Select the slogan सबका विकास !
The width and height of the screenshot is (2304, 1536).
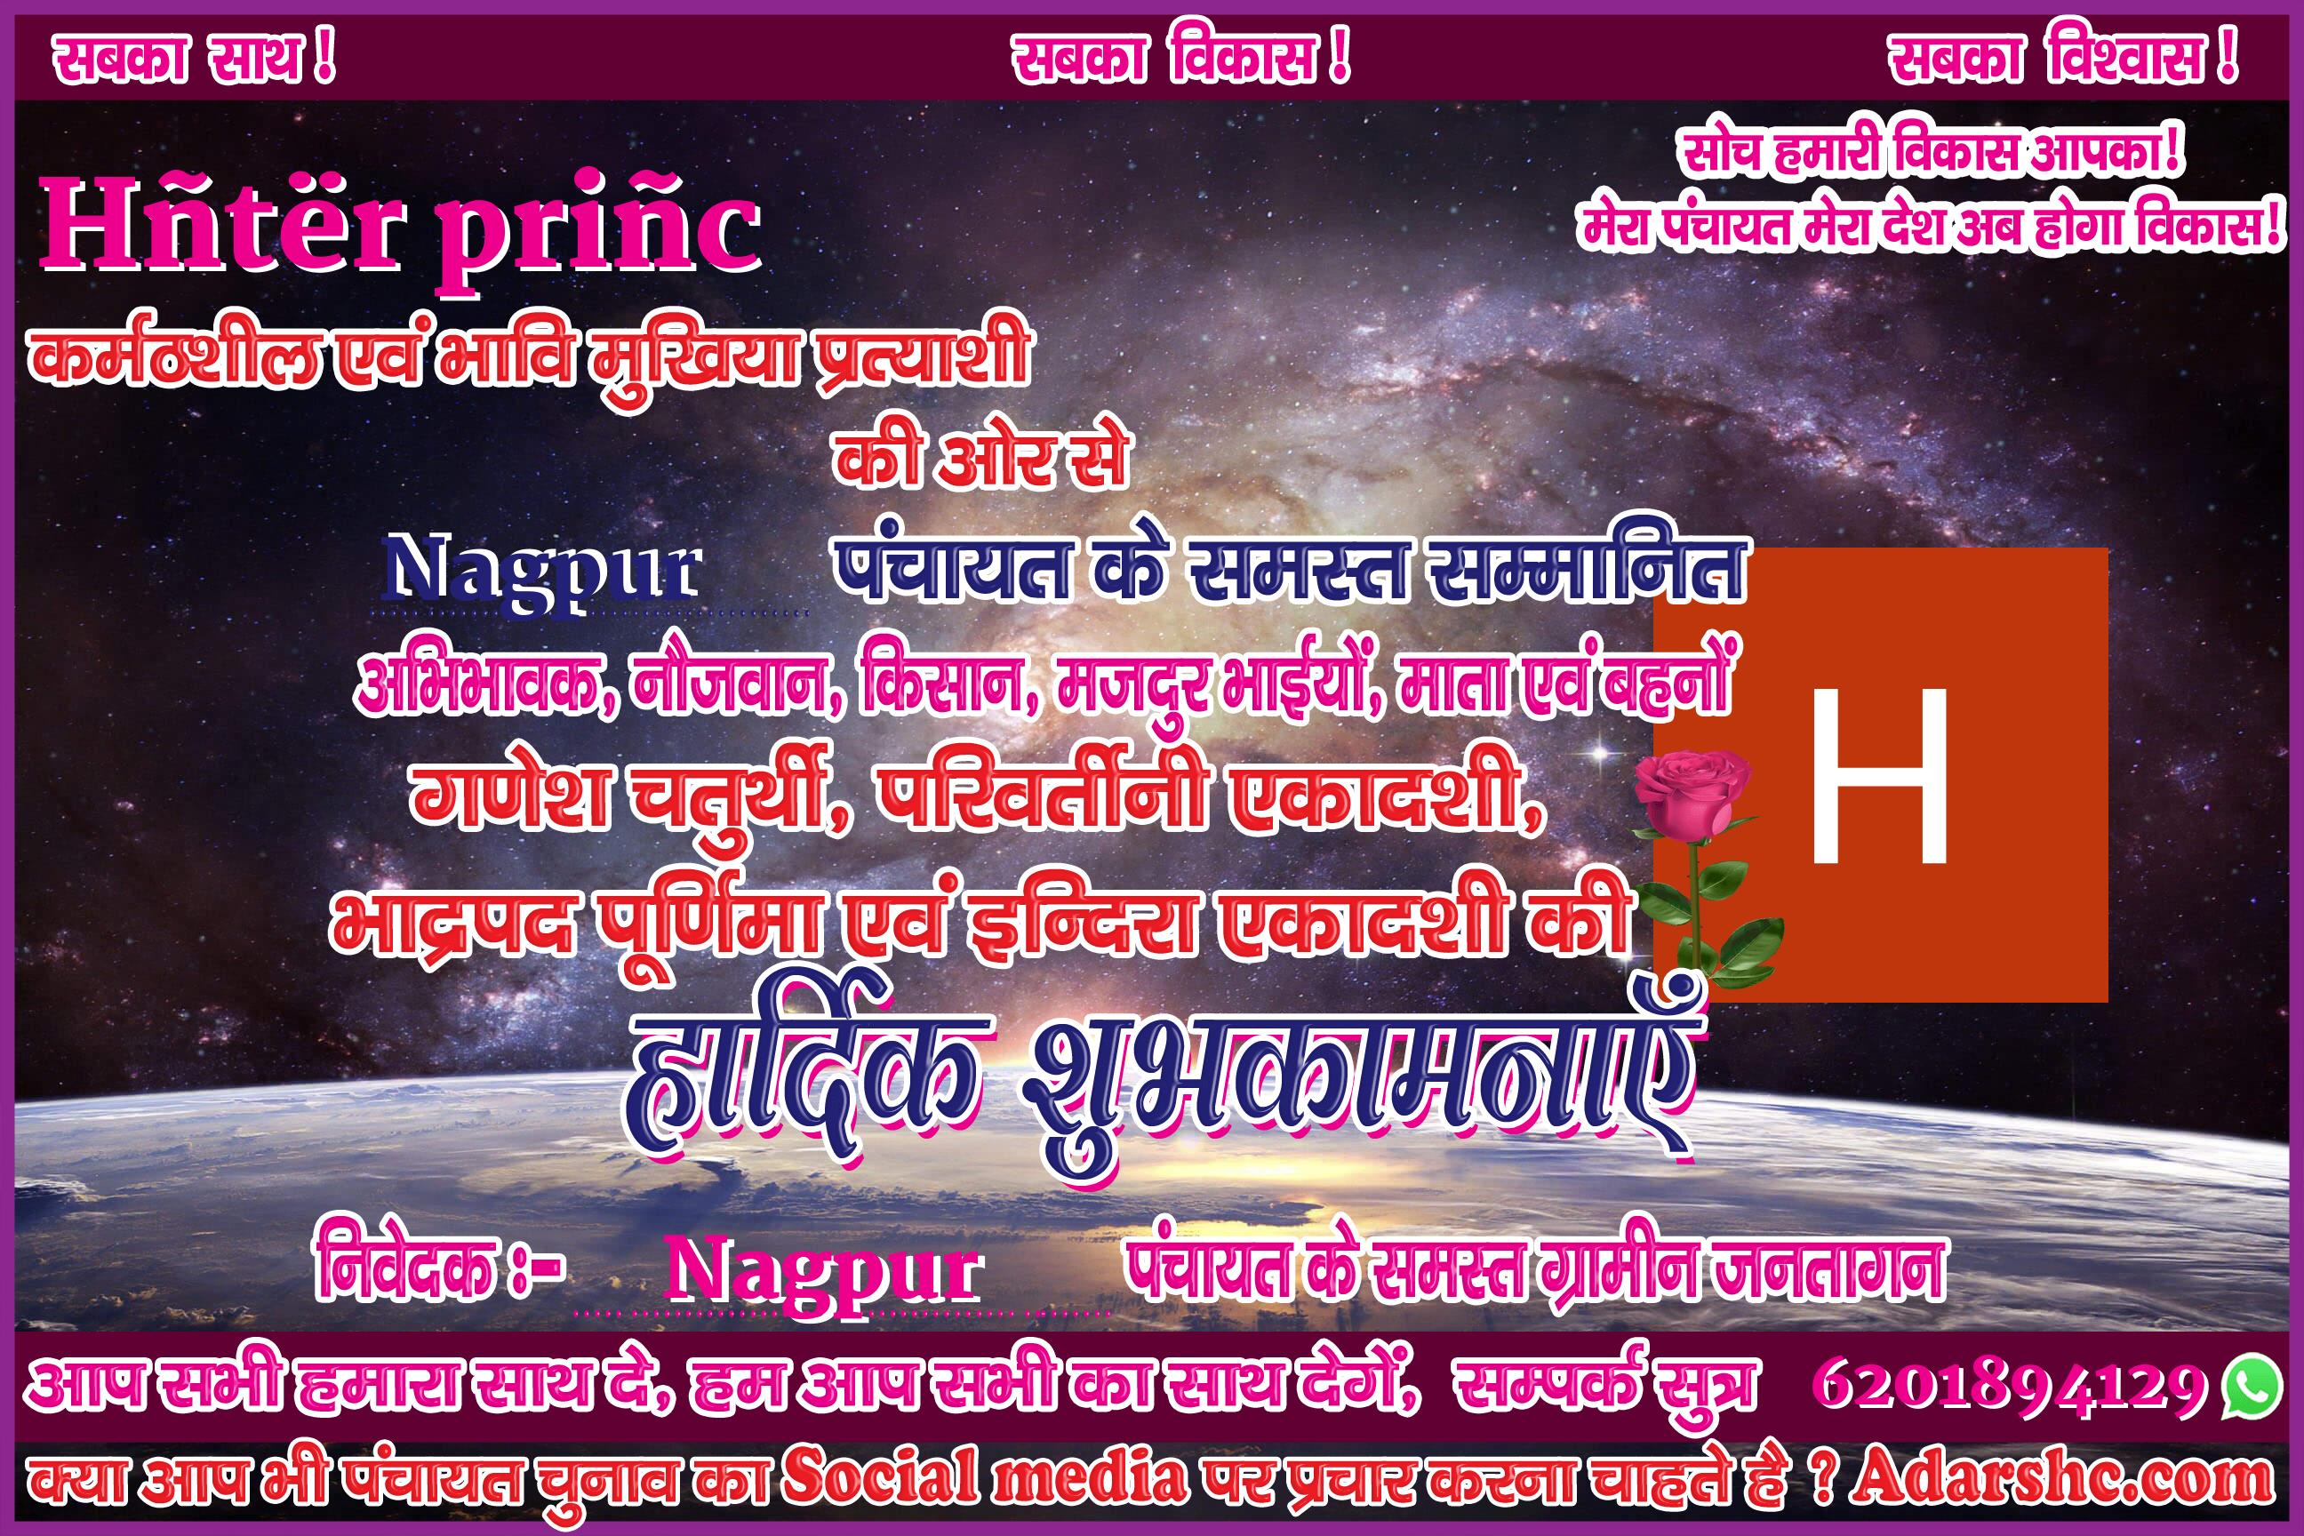[x=1180, y=60]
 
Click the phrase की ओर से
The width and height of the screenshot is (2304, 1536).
[x=980, y=459]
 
